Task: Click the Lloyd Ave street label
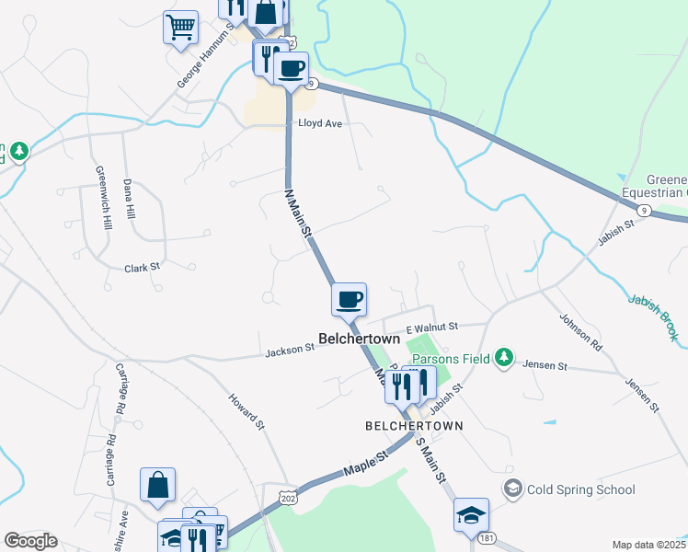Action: tap(319, 122)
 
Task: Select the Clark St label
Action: tap(143, 267)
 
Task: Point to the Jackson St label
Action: tap(291, 351)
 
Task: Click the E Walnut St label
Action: tap(432, 327)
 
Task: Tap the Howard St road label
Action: tap(247, 412)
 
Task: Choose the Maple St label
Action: tap(361, 466)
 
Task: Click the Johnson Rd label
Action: tap(580, 333)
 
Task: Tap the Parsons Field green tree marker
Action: tap(502, 356)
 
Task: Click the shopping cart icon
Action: tap(181, 26)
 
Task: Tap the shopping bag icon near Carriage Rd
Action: tap(157, 484)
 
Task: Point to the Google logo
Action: tap(30, 541)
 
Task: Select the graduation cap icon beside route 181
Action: tap(472, 514)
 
